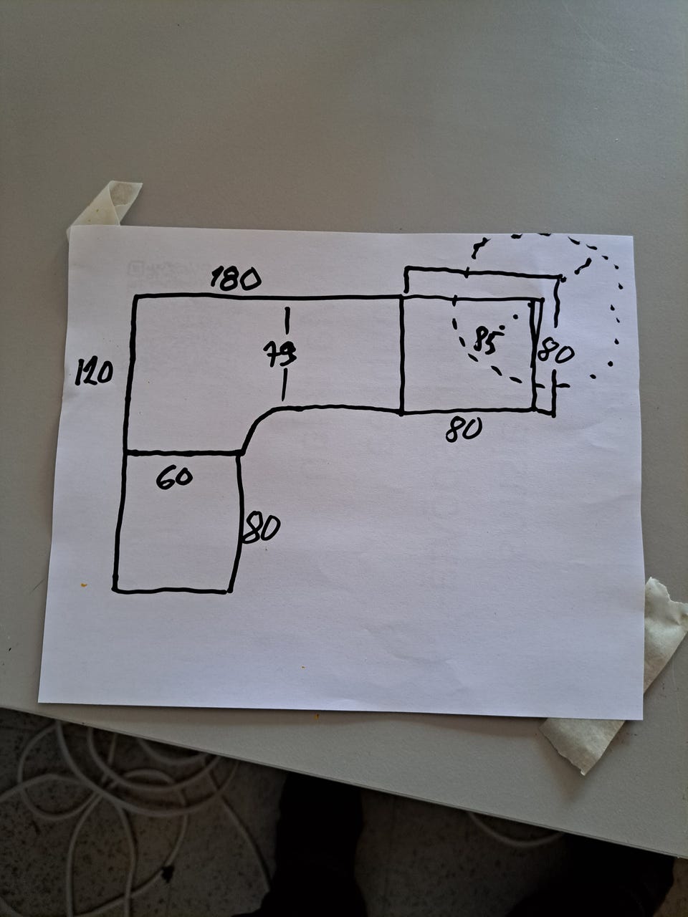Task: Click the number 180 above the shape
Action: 236,279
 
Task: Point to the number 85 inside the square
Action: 486,339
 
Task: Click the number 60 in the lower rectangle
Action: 174,478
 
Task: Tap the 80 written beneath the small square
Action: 464,429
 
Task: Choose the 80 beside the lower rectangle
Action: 261,529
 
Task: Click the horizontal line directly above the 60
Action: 183,453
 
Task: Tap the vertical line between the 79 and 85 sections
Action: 401,355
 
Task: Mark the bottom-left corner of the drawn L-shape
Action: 115,590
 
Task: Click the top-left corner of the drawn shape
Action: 135,297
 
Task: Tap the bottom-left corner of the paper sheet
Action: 39,702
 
